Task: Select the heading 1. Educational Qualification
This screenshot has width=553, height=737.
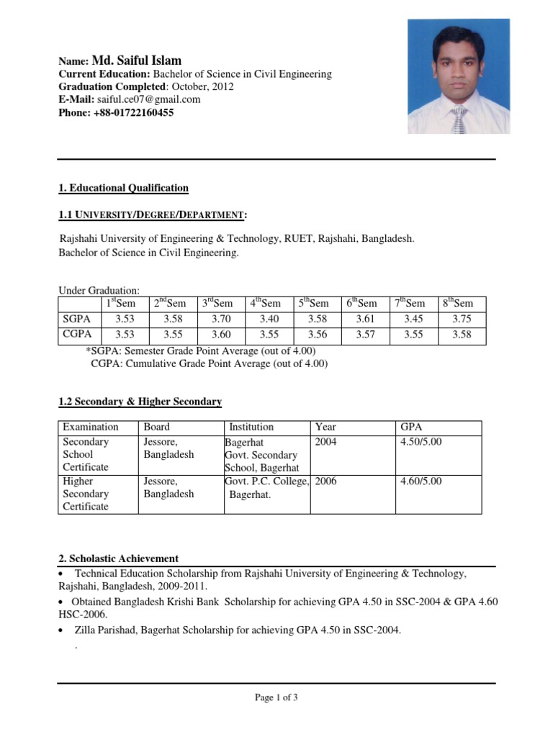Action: (x=123, y=189)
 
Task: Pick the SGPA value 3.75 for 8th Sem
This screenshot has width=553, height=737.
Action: (x=462, y=319)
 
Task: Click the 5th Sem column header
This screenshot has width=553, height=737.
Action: (x=313, y=304)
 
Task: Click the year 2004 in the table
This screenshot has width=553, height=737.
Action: (x=326, y=442)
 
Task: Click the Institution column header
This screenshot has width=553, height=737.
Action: (x=251, y=427)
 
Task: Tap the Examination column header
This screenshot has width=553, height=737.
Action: (x=90, y=427)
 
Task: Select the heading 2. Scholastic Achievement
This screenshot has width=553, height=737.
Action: (x=118, y=559)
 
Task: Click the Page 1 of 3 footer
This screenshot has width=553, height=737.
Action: (x=276, y=697)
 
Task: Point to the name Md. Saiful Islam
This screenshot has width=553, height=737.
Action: (x=137, y=61)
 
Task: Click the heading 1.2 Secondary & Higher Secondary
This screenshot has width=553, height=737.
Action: (x=140, y=402)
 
